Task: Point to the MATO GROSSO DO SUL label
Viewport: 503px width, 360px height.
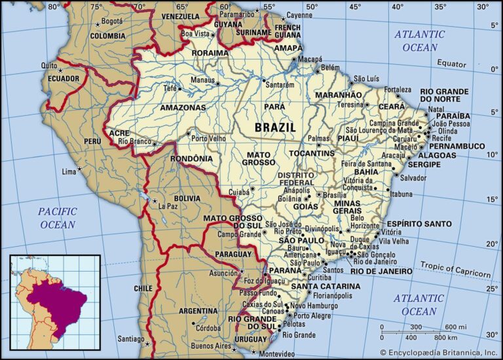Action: pyautogui.click(x=233, y=221)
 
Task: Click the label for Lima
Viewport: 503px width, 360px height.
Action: pyautogui.click(x=69, y=171)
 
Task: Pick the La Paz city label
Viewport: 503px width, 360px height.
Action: pyautogui.click(x=168, y=207)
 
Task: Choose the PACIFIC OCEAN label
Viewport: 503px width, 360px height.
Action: pyautogui.click(x=57, y=218)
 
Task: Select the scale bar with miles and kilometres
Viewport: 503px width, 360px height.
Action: pyautogui.click(x=419, y=332)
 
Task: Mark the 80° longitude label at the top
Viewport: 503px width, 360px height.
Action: pyautogui.click(x=54, y=7)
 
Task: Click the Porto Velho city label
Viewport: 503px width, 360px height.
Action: pyautogui.click(x=208, y=138)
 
